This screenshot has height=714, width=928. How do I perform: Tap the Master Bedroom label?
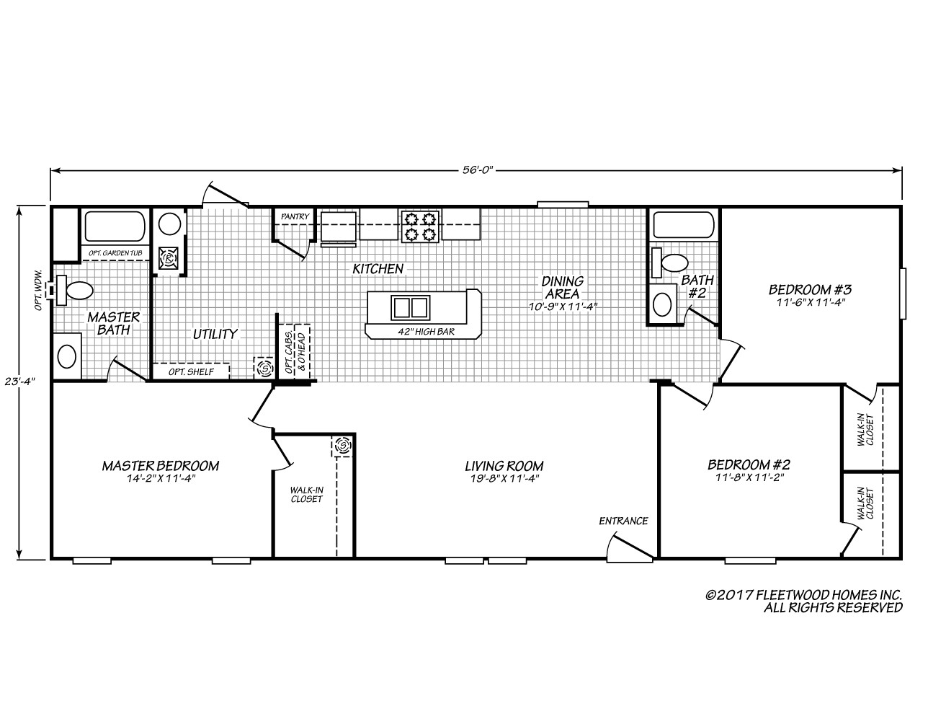click(160, 466)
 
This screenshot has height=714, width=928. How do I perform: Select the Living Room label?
click(504, 466)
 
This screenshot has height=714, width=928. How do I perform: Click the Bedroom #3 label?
click(811, 290)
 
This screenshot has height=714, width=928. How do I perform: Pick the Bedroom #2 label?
click(749, 464)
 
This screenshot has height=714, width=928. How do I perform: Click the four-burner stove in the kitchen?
click(420, 224)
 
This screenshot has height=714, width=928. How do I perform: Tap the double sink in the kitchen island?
click(410, 307)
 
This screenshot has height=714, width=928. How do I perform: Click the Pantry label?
click(295, 216)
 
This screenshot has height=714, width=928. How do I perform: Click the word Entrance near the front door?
click(624, 521)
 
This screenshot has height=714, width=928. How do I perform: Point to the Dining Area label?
click(563, 287)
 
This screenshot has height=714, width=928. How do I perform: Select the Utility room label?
click(215, 334)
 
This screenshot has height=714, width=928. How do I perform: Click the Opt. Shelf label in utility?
click(188, 371)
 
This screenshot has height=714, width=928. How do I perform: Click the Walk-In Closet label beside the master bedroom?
click(306, 495)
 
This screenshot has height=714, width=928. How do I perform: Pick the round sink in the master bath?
click(66, 356)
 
